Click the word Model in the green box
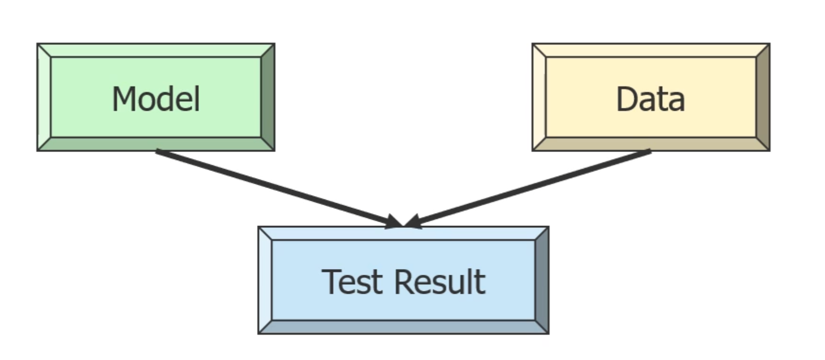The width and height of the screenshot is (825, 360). pyautogui.click(x=155, y=99)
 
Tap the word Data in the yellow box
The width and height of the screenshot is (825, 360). pyautogui.click(x=650, y=99)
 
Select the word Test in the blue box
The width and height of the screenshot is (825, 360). pyautogui.click(x=352, y=282)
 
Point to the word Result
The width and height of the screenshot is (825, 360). pyautogui.click(x=439, y=282)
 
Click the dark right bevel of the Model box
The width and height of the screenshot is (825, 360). pyautogui.click(x=268, y=97)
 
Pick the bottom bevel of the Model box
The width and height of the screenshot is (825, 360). pyautogui.click(x=155, y=144)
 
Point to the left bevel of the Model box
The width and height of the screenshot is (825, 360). pyautogui.click(x=44, y=97)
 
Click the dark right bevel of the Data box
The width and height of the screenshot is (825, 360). pyautogui.click(x=762, y=97)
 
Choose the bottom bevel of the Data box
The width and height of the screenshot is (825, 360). pyautogui.click(x=650, y=144)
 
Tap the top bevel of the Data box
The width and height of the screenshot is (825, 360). pyautogui.click(x=650, y=50)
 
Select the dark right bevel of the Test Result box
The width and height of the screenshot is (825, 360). pyautogui.click(x=542, y=280)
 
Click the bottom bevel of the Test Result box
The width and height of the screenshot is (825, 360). pyautogui.click(x=403, y=327)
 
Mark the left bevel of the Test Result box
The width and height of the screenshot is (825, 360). pyautogui.click(x=265, y=280)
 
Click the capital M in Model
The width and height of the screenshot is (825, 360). pyautogui.click(x=122, y=99)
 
